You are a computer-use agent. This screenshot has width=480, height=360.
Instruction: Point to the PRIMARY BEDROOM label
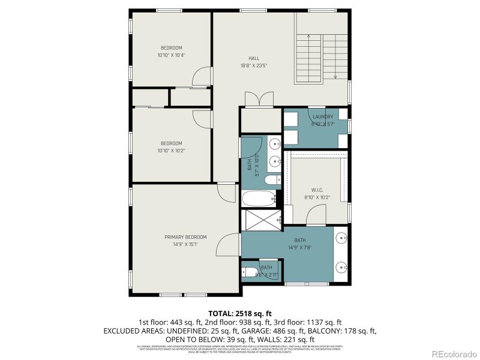185,237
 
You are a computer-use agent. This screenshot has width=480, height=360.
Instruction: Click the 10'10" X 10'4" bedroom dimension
171,55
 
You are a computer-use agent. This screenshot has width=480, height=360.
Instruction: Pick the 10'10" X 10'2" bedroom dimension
171,151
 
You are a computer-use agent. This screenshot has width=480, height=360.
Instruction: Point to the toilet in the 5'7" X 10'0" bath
272,180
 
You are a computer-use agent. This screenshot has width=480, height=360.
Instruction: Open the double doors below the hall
254,101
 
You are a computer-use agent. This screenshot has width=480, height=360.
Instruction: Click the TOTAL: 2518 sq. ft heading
240,313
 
